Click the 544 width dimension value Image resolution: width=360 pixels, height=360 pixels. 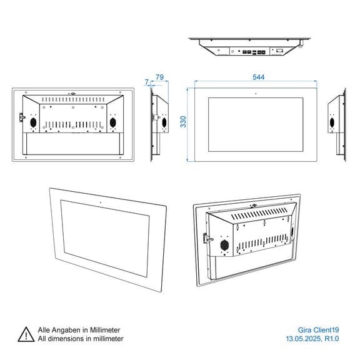pyautogui.click(x=259, y=77)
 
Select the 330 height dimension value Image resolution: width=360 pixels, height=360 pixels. pyautogui.click(x=183, y=122)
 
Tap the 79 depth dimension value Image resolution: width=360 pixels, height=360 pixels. pyautogui.click(x=159, y=77)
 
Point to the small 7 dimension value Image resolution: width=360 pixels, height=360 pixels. pyautogui.click(x=147, y=82)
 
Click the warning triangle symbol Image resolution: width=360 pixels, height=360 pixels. pyautogui.click(x=26, y=334)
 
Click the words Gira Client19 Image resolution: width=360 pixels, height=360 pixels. pyautogui.click(x=318, y=330)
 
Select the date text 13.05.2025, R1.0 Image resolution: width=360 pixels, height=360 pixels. pyautogui.click(x=312, y=339)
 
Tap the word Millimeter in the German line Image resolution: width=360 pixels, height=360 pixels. pyautogui.click(x=105, y=330)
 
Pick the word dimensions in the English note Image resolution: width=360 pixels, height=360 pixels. pyautogui.click(x=64, y=339)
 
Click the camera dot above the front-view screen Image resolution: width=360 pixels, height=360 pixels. pyautogui.click(x=256, y=94)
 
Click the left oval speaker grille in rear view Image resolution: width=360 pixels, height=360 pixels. pyautogui.click(x=34, y=122)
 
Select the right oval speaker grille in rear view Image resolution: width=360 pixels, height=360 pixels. pyautogui.click(x=112, y=122)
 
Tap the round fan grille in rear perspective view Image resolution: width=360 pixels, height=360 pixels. pyautogui.click(x=224, y=245)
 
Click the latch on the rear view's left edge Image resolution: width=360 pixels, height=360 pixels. pyautogui.click(x=22, y=117)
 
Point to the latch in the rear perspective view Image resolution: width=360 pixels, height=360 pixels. pyautogui.click(x=207, y=239)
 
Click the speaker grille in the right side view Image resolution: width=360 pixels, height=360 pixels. pyautogui.click(x=332, y=122)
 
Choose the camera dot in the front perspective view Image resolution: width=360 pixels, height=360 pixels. pyautogui.click(x=101, y=202)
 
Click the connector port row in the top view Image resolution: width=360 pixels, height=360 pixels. pyautogui.click(x=254, y=52)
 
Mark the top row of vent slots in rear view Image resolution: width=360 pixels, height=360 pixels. pyautogui.click(x=73, y=99)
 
